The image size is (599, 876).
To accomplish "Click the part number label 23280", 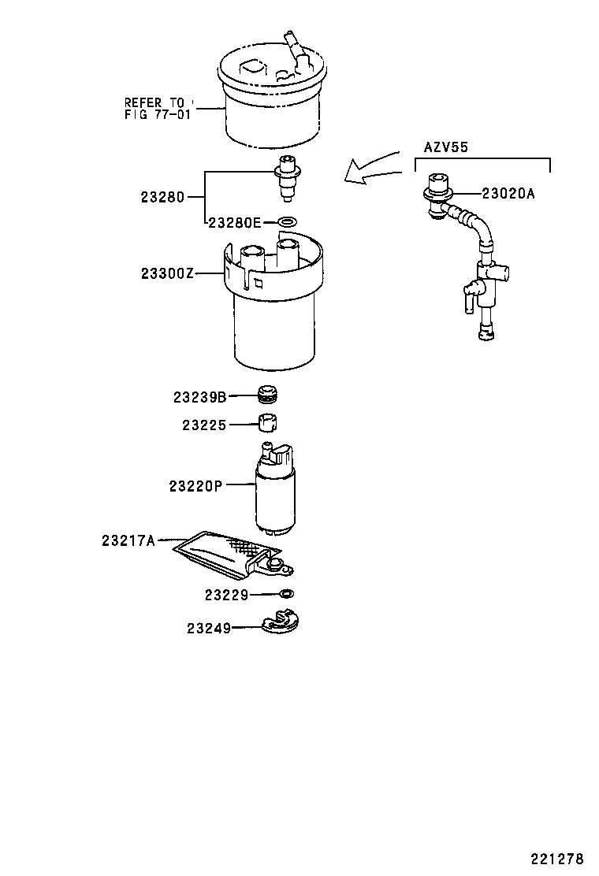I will coord(162,198).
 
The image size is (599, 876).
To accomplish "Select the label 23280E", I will coord(234,223).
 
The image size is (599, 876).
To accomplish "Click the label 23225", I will coord(204,425).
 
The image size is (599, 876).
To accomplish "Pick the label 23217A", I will coord(129,540).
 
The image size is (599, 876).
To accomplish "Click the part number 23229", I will coord(226,596).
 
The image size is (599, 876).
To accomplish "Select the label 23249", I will coord(209,628).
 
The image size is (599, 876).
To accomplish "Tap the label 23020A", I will coord(508,193).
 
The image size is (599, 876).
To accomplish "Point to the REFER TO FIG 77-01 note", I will coord(155,108).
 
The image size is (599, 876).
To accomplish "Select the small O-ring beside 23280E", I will coord(288,222).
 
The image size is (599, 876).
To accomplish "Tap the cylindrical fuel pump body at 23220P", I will coord(274,500).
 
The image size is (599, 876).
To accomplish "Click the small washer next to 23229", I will coord(288,593).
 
